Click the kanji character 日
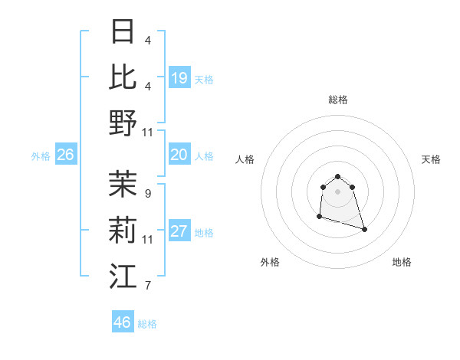point(123,31)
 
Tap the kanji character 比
point(123,77)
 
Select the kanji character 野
point(123,123)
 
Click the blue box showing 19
point(179,78)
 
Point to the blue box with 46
point(122,322)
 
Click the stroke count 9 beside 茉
point(147,194)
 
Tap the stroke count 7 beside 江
point(147,286)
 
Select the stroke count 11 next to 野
point(149,133)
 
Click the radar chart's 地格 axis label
point(402,262)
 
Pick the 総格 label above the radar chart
point(337,100)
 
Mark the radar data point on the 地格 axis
point(364,229)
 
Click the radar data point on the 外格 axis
point(319,217)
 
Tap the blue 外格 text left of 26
point(41,156)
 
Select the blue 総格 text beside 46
point(147,324)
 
